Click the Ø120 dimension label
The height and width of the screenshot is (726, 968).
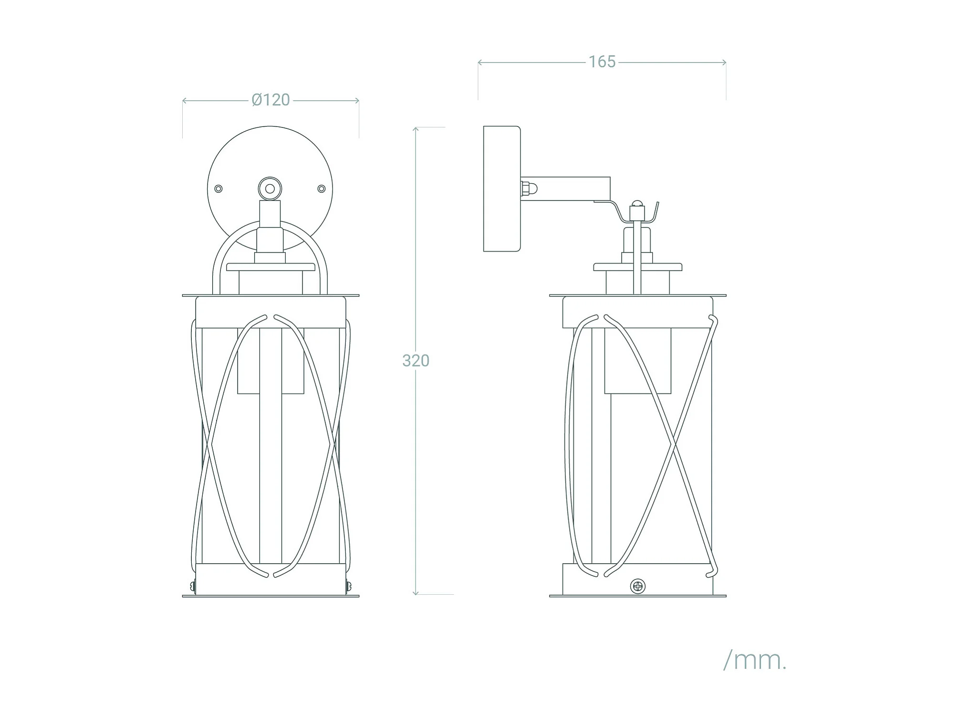(271, 100)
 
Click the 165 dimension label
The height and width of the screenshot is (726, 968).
(602, 62)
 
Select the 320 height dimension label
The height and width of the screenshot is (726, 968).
(416, 361)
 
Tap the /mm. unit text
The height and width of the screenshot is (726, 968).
(755, 661)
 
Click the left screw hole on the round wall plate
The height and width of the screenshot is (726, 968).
(219, 189)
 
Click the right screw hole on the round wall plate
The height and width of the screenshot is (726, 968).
(322, 189)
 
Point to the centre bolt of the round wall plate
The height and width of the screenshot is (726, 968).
(270, 189)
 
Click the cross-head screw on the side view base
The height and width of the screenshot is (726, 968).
(638, 586)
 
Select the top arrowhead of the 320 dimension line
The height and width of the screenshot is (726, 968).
(416, 129)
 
